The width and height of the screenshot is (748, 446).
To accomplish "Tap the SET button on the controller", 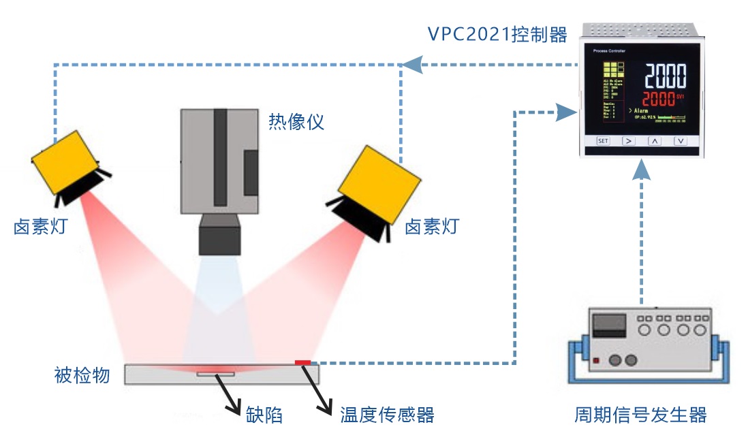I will click(x=603, y=141).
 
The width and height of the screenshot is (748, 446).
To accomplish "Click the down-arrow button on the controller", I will click(x=680, y=141).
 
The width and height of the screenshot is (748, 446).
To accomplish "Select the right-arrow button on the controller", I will click(x=629, y=141).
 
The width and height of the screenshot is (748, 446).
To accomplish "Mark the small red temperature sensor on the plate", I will click(x=302, y=362).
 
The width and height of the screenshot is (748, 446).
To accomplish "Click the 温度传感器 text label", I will click(x=387, y=415).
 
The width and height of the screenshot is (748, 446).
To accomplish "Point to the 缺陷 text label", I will click(x=264, y=415).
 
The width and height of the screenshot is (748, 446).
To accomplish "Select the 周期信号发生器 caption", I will click(x=640, y=415).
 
